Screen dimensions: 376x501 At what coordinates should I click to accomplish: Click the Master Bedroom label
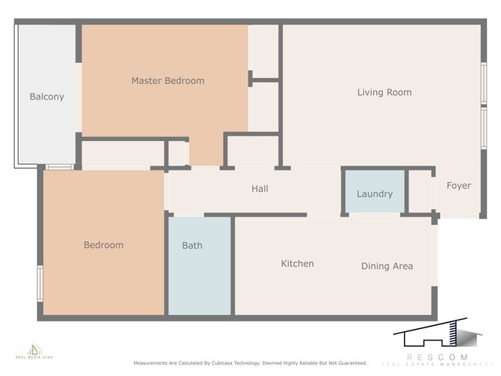(x=167, y=81)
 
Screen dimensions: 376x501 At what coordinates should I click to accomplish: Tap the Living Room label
(x=384, y=92)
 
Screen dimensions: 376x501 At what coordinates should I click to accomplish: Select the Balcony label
(x=46, y=97)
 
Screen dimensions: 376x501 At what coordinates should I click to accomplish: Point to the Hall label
(x=260, y=189)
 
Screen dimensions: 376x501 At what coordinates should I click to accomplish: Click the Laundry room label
(x=375, y=194)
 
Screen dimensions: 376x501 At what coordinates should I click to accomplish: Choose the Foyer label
(x=459, y=186)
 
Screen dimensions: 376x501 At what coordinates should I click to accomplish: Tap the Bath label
(x=192, y=246)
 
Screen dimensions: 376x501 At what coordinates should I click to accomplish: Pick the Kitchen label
(x=297, y=264)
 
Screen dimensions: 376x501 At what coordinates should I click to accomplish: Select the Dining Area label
(x=387, y=267)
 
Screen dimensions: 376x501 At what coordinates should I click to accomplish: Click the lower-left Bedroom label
(x=103, y=245)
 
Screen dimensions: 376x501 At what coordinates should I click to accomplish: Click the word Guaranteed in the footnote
(x=349, y=363)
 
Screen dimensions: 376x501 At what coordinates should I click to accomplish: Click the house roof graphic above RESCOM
(x=436, y=337)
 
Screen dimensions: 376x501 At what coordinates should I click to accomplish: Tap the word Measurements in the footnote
(x=152, y=363)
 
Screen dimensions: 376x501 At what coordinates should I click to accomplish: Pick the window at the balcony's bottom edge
(x=59, y=166)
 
